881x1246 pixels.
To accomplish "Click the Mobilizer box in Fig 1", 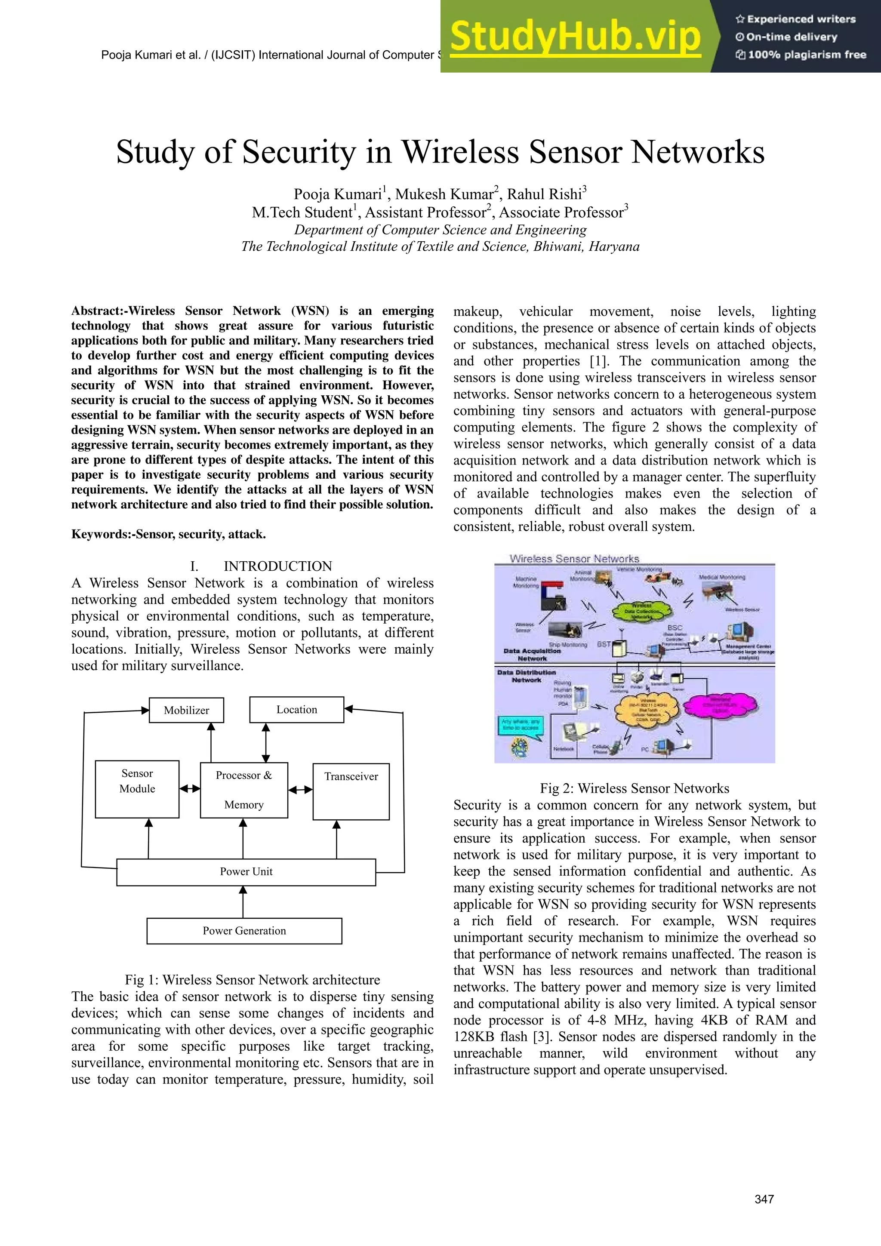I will [186, 710].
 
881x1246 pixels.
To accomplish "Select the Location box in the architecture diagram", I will [296, 709].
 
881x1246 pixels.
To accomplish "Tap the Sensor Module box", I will [137, 789].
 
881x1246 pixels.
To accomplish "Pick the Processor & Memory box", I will [244, 790].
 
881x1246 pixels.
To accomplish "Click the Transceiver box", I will [351, 791].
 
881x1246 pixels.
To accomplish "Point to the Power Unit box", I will [246, 871].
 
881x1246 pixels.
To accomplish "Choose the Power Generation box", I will [244, 931].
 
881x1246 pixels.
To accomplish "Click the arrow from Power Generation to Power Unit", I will [243, 901].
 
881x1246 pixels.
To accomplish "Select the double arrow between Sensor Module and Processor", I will [189, 788].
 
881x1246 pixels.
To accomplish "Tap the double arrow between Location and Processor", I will [265, 742].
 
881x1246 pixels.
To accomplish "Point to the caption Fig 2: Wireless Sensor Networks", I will [634, 788].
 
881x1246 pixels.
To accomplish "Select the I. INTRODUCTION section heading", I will [261, 566].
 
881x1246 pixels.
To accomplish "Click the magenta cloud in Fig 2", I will [719, 705].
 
